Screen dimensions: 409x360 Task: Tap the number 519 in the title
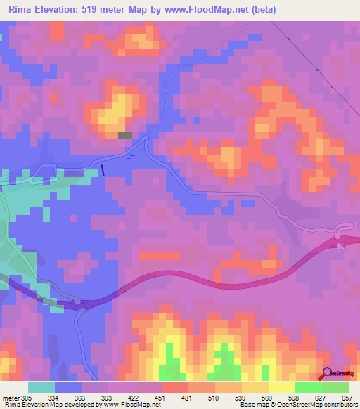coord(95,10)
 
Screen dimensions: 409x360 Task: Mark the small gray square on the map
coord(125,135)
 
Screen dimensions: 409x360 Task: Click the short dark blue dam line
coord(103,169)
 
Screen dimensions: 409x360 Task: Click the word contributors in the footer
coord(340,405)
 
